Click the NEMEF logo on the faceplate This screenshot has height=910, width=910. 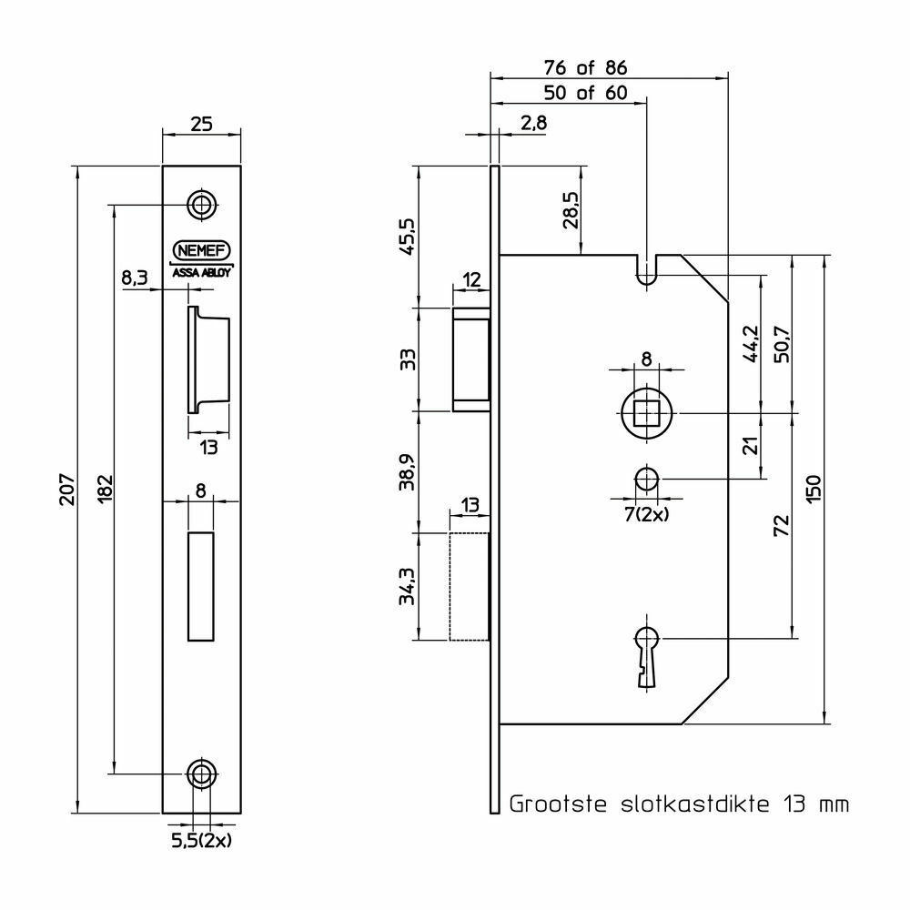tap(201, 251)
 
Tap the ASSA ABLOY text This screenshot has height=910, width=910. tap(201, 273)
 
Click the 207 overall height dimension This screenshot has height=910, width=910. tap(67, 490)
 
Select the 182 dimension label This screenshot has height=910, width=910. tap(105, 489)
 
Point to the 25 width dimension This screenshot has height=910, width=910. tap(201, 124)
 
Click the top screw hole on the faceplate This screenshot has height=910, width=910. tap(202, 205)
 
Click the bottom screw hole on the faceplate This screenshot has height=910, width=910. tap(202, 773)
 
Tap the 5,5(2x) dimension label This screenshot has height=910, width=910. tap(201, 841)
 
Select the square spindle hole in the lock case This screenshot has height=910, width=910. tap(646, 413)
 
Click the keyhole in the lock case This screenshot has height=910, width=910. tap(647, 656)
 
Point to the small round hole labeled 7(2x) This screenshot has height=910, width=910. tap(646, 479)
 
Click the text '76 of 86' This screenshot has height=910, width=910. tap(585, 68)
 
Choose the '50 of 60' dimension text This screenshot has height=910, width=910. tap(585, 93)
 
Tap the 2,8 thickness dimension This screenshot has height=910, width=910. tap(533, 123)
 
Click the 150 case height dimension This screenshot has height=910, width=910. tap(814, 489)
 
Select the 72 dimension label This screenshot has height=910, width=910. tap(782, 525)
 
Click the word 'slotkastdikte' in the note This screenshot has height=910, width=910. tap(694, 804)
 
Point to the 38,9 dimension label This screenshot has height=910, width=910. tap(408, 471)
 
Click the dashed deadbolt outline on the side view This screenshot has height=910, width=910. tap(469, 586)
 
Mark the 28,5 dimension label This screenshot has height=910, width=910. tap(571, 209)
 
